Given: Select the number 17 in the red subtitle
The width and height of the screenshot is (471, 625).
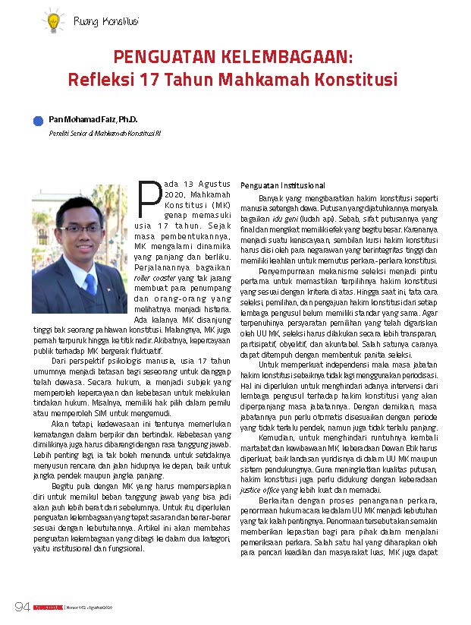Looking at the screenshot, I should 150,79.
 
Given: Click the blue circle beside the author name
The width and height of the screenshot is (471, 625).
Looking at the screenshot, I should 38,121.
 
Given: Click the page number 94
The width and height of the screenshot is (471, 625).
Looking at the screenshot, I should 22,607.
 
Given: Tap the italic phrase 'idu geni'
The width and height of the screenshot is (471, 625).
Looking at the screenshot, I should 316,217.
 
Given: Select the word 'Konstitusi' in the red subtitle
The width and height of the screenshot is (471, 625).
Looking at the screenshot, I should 356,79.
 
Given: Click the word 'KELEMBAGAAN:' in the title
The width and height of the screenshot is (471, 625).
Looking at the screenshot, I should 287,58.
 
